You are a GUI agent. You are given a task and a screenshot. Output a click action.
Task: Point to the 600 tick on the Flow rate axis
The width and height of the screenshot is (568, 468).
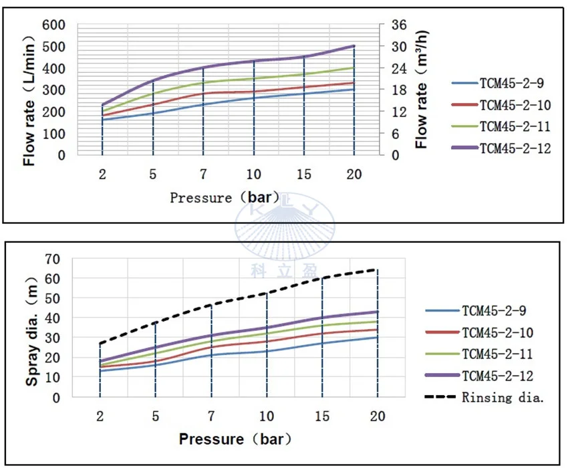point(55,25)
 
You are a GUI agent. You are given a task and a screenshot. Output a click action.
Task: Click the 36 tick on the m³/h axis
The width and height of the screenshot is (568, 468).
point(399,25)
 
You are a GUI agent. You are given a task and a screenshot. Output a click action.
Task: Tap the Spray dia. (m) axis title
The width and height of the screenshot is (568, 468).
point(32,328)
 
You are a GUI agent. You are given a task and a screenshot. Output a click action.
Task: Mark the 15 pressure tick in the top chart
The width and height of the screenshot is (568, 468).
point(304,174)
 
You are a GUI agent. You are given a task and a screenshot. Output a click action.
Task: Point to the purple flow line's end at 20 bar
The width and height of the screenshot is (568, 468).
point(354,46)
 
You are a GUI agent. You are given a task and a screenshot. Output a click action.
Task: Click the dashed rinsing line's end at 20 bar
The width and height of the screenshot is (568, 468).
point(378,270)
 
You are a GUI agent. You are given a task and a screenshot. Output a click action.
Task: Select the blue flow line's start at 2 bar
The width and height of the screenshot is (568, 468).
point(102,120)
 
